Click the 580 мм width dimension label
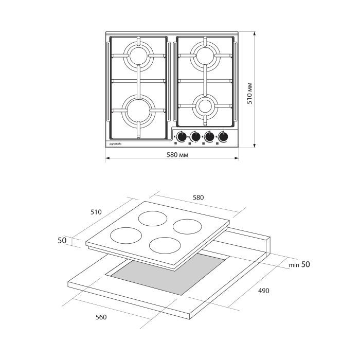click(x=177, y=155)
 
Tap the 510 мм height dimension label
click(x=249, y=93)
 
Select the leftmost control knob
click(x=182, y=137)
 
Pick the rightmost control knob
click(x=223, y=137)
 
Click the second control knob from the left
click(x=195, y=137)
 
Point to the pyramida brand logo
click(x=115, y=144)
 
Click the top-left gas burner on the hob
click(x=138, y=56)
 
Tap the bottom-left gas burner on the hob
click(x=138, y=111)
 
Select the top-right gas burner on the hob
click(x=205, y=56)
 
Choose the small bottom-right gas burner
click(x=205, y=106)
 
